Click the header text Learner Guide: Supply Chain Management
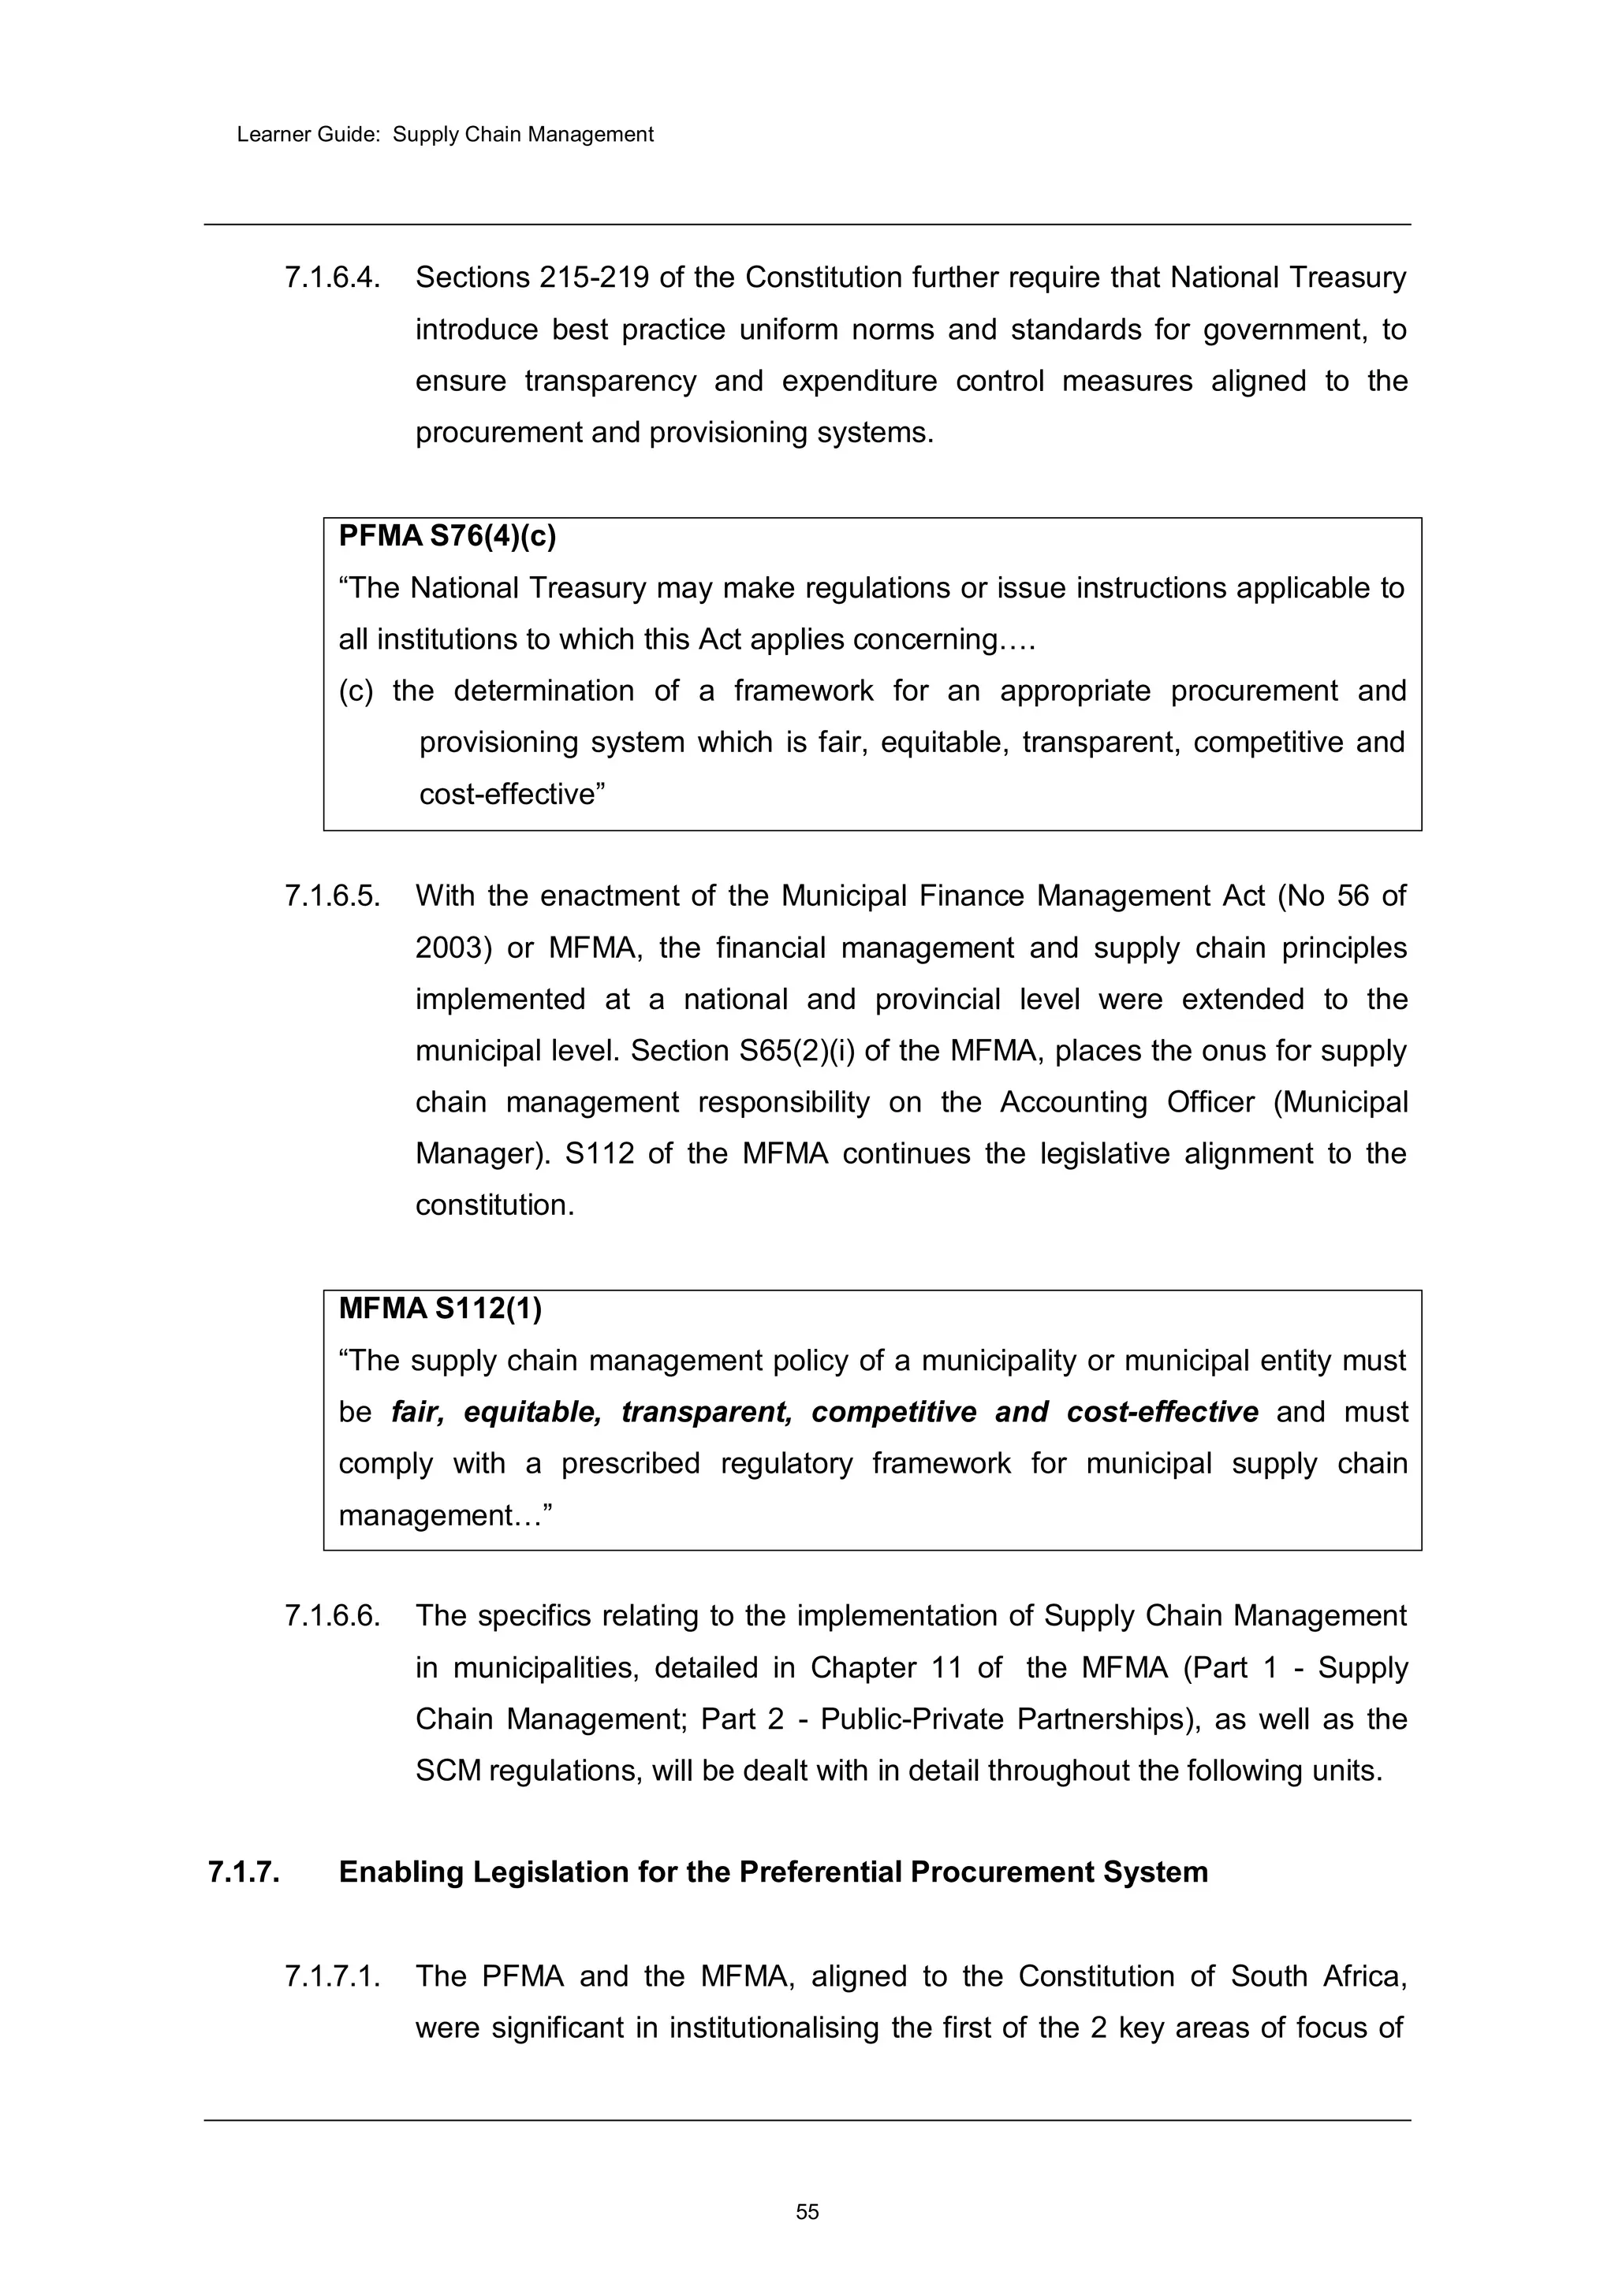[445, 134]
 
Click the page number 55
[807, 2211]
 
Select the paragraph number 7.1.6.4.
[332, 277]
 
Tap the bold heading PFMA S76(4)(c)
[447, 536]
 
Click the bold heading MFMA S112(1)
[439, 1309]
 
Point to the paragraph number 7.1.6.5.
[332, 896]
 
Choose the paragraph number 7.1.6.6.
[332, 1616]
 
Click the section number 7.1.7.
[244, 1872]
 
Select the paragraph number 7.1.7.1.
[332, 1976]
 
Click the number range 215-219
[595, 277]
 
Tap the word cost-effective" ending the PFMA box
[512, 795]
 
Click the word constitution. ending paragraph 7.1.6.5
[494, 1205]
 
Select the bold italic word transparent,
[706, 1412]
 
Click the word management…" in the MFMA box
[445, 1515]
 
